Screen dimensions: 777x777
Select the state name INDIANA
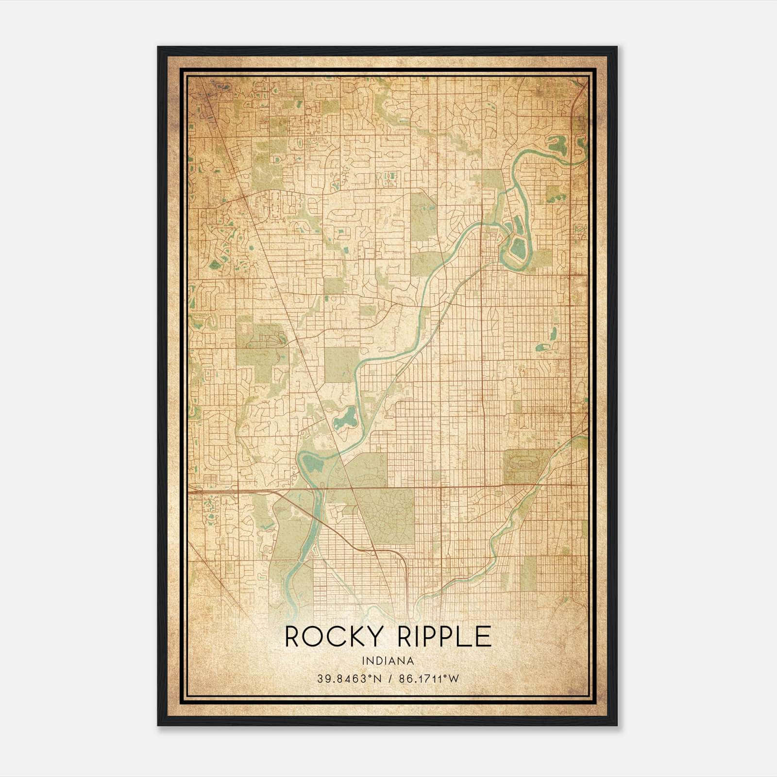point(388,660)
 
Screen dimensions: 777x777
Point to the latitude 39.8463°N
point(346,678)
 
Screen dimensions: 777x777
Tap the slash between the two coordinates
point(387,678)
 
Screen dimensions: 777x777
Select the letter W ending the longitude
point(454,678)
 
